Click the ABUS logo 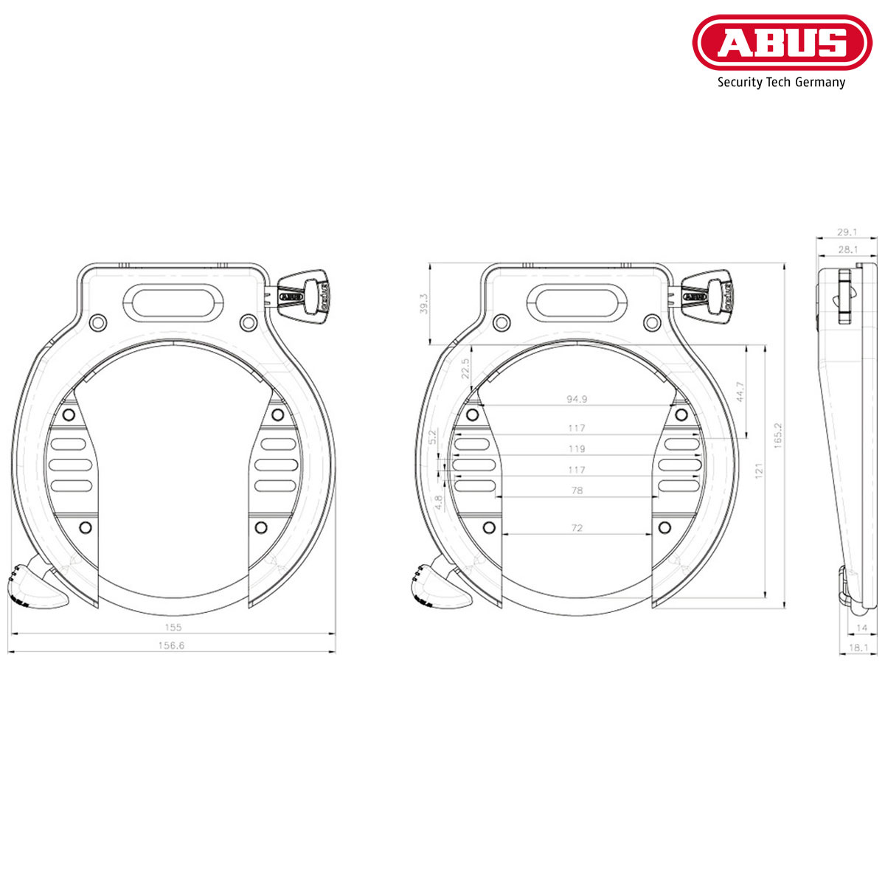coord(782,43)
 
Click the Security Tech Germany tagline coord(781,83)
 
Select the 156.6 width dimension coord(172,645)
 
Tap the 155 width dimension coord(173,628)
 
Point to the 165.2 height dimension coord(777,436)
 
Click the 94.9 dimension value coord(577,399)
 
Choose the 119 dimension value coord(577,448)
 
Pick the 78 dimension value coord(577,490)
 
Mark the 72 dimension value coord(577,527)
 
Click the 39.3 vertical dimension coord(423,304)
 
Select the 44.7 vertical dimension coord(740,391)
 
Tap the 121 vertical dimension coord(758,471)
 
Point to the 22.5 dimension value coord(465,368)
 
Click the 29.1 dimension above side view coord(847,232)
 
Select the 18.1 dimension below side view coord(858,648)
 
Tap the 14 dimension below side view coord(861,628)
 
